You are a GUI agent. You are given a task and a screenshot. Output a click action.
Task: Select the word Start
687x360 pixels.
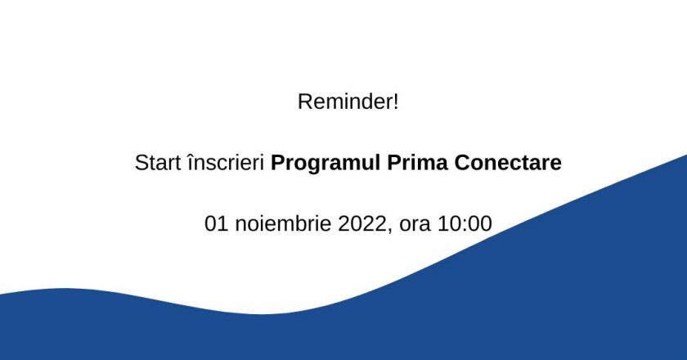155,163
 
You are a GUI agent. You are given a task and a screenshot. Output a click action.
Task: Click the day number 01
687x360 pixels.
214,223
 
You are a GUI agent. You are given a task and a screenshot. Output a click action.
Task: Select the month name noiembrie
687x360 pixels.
279,223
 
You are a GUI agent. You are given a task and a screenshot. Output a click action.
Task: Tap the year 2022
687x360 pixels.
359,223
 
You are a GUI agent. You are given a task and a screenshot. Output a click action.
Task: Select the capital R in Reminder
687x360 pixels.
304,103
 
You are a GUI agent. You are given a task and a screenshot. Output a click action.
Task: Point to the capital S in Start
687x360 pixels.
141,163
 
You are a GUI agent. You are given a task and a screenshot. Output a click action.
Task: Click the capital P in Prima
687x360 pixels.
384,163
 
